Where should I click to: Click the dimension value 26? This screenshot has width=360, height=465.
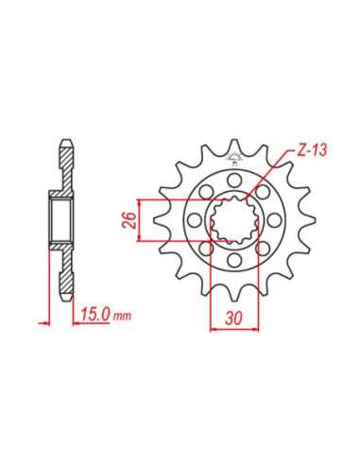point(129,220)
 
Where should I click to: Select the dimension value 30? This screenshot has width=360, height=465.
point(233,319)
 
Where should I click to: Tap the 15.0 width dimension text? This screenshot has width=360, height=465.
point(95,314)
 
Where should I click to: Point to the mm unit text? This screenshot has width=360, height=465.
point(122,316)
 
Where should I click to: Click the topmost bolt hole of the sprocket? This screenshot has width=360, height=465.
point(234,180)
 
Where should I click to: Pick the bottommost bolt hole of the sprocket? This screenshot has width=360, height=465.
point(234,260)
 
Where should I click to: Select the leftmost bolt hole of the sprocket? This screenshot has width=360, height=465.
point(194,219)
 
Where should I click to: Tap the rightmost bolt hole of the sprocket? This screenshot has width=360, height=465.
point(274,219)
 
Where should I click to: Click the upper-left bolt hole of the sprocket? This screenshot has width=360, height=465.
point(206,192)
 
